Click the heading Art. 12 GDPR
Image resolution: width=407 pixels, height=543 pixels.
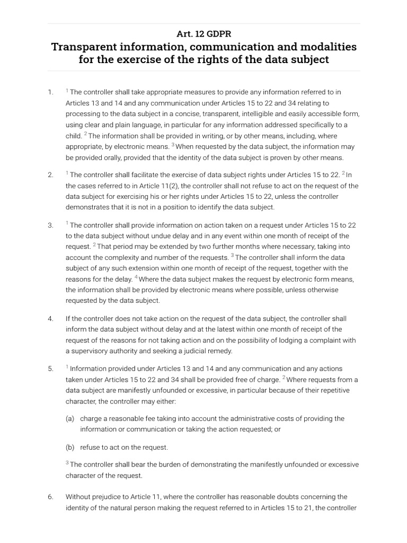coord(204,33)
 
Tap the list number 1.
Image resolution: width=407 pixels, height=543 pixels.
coord(50,92)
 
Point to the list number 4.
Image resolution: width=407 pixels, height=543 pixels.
coord(50,319)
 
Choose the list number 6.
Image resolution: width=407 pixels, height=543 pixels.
coord(50,497)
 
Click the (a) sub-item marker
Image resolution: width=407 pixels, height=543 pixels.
coord(70,418)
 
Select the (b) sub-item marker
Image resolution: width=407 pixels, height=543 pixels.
coord(70,447)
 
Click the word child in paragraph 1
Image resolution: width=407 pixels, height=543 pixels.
coord(74,136)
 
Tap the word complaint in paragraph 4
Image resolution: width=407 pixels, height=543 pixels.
coord(325,340)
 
